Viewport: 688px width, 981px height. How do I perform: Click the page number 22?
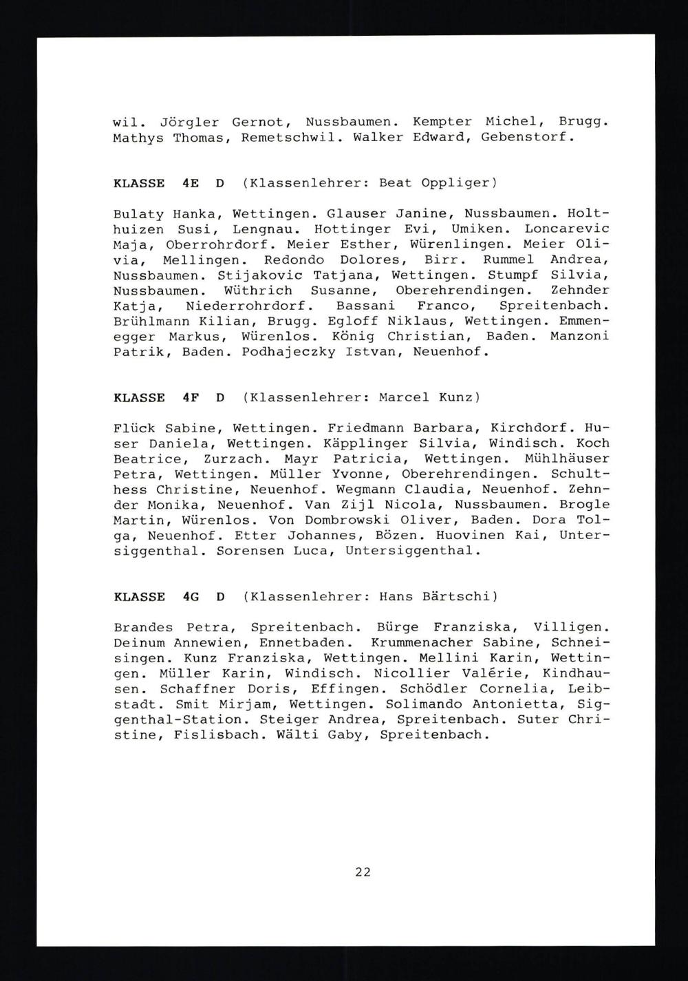tap(363, 872)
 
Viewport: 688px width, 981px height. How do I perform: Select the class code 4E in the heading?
tap(191, 183)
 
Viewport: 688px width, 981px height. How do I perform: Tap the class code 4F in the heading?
tap(191, 397)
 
